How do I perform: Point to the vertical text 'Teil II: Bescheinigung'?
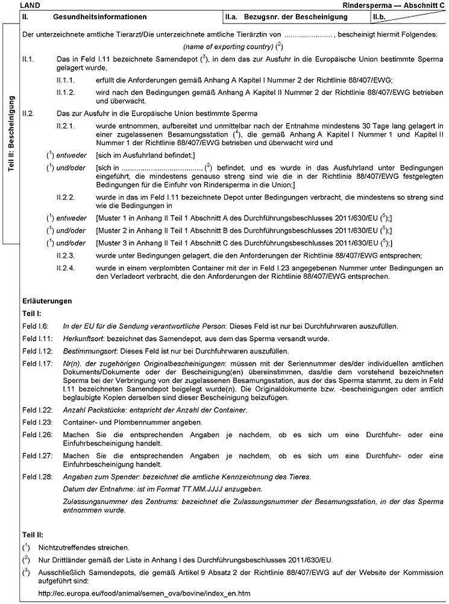tap(11, 134)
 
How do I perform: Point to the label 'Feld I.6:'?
tap(34, 326)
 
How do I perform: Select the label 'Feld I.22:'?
tap(36, 409)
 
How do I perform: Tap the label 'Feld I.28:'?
tap(36, 476)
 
